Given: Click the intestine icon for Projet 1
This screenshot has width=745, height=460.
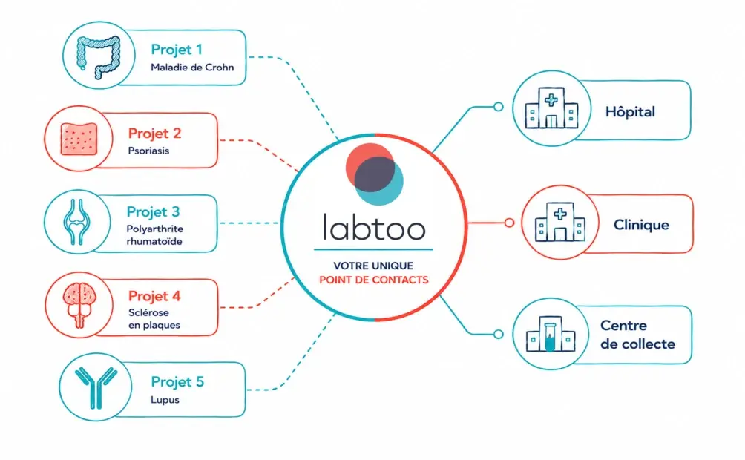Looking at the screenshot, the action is [99, 56].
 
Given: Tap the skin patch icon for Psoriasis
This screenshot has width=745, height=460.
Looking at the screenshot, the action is [79, 139].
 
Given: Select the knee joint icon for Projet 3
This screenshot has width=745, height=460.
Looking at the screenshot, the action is [76, 222].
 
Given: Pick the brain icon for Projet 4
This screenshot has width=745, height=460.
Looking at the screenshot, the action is [79, 305].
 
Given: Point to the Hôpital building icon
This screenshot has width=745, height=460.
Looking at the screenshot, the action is [551, 108].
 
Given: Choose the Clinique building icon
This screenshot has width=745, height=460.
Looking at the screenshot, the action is [560, 221].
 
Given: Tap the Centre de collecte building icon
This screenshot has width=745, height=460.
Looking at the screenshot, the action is [551, 334].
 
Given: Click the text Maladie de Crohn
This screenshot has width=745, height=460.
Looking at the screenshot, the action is [192, 68].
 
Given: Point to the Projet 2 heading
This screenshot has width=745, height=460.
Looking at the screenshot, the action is [155, 134].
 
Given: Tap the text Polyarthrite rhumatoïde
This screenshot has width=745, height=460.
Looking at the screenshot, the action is [155, 234].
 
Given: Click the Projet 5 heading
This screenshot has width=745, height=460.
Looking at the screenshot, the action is [177, 381].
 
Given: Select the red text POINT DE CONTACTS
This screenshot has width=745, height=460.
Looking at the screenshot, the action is [374, 280].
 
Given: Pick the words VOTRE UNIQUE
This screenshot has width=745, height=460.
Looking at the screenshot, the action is [373, 266].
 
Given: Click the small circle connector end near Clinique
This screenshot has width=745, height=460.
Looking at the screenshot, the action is [509, 223].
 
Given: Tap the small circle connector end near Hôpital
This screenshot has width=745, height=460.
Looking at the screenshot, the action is [499, 107].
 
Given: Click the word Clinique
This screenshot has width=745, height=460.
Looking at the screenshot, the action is [641, 225].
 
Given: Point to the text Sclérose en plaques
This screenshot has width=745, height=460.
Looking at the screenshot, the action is [154, 319].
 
